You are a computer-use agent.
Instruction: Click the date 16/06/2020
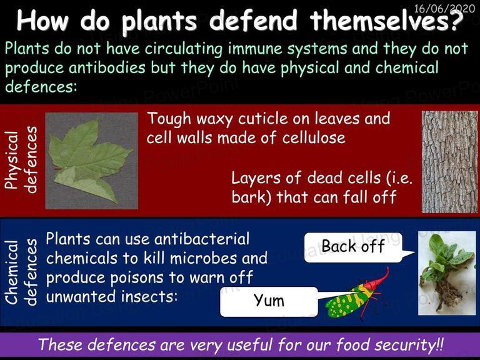pos(444,8)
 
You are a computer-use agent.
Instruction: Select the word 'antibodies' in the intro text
pos(107,67)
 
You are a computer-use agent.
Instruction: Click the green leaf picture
pos(91,161)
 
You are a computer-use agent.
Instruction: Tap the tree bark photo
pos(449,162)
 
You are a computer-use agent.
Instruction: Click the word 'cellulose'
pos(314,137)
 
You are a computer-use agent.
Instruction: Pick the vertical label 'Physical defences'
pos(21,160)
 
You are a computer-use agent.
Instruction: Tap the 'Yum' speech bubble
pos(269,302)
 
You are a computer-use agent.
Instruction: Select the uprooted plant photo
pos(447,273)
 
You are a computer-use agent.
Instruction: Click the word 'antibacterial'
pos(202,239)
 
